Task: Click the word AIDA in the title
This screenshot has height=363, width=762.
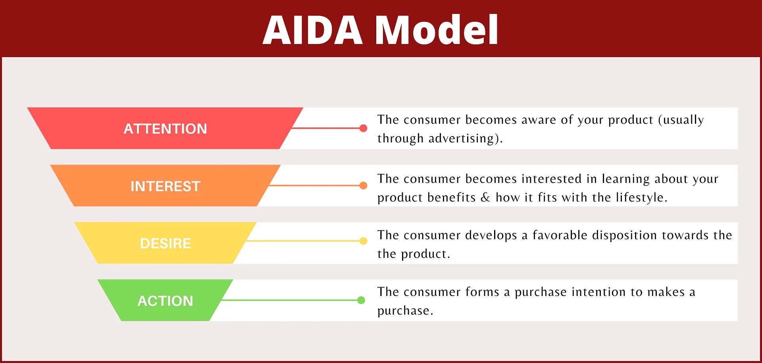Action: (313, 30)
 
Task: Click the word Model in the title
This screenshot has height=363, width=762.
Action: (437, 30)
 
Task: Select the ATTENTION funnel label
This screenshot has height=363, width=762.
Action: (165, 129)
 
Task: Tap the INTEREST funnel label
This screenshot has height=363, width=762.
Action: (165, 186)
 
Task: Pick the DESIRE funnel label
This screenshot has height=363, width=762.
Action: (165, 244)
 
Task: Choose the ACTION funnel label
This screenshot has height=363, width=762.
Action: (165, 301)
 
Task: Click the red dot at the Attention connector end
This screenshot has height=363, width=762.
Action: (363, 128)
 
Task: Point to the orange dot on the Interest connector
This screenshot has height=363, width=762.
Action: (363, 185)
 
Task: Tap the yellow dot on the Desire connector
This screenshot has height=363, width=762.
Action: (363, 241)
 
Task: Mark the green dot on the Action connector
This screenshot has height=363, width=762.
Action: (361, 300)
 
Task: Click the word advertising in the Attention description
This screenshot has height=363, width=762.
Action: (461, 138)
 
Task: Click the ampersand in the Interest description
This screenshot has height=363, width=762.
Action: (485, 198)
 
